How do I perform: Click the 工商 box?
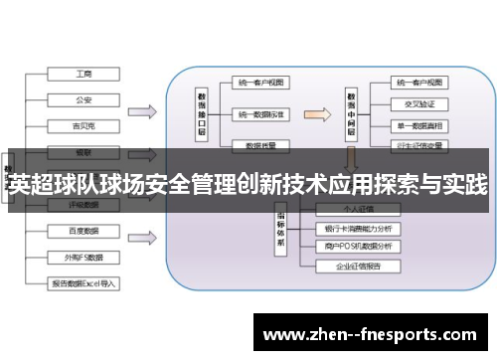(83, 74)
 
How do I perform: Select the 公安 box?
(83, 99)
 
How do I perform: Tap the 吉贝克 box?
(83, 126)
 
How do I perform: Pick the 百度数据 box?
(83, 231)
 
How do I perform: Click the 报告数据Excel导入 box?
(83, 282)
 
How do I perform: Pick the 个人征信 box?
(356, 210)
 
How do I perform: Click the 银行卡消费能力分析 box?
(356, 228)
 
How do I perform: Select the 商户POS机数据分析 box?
(356, 246)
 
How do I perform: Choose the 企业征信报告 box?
(356, 267)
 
